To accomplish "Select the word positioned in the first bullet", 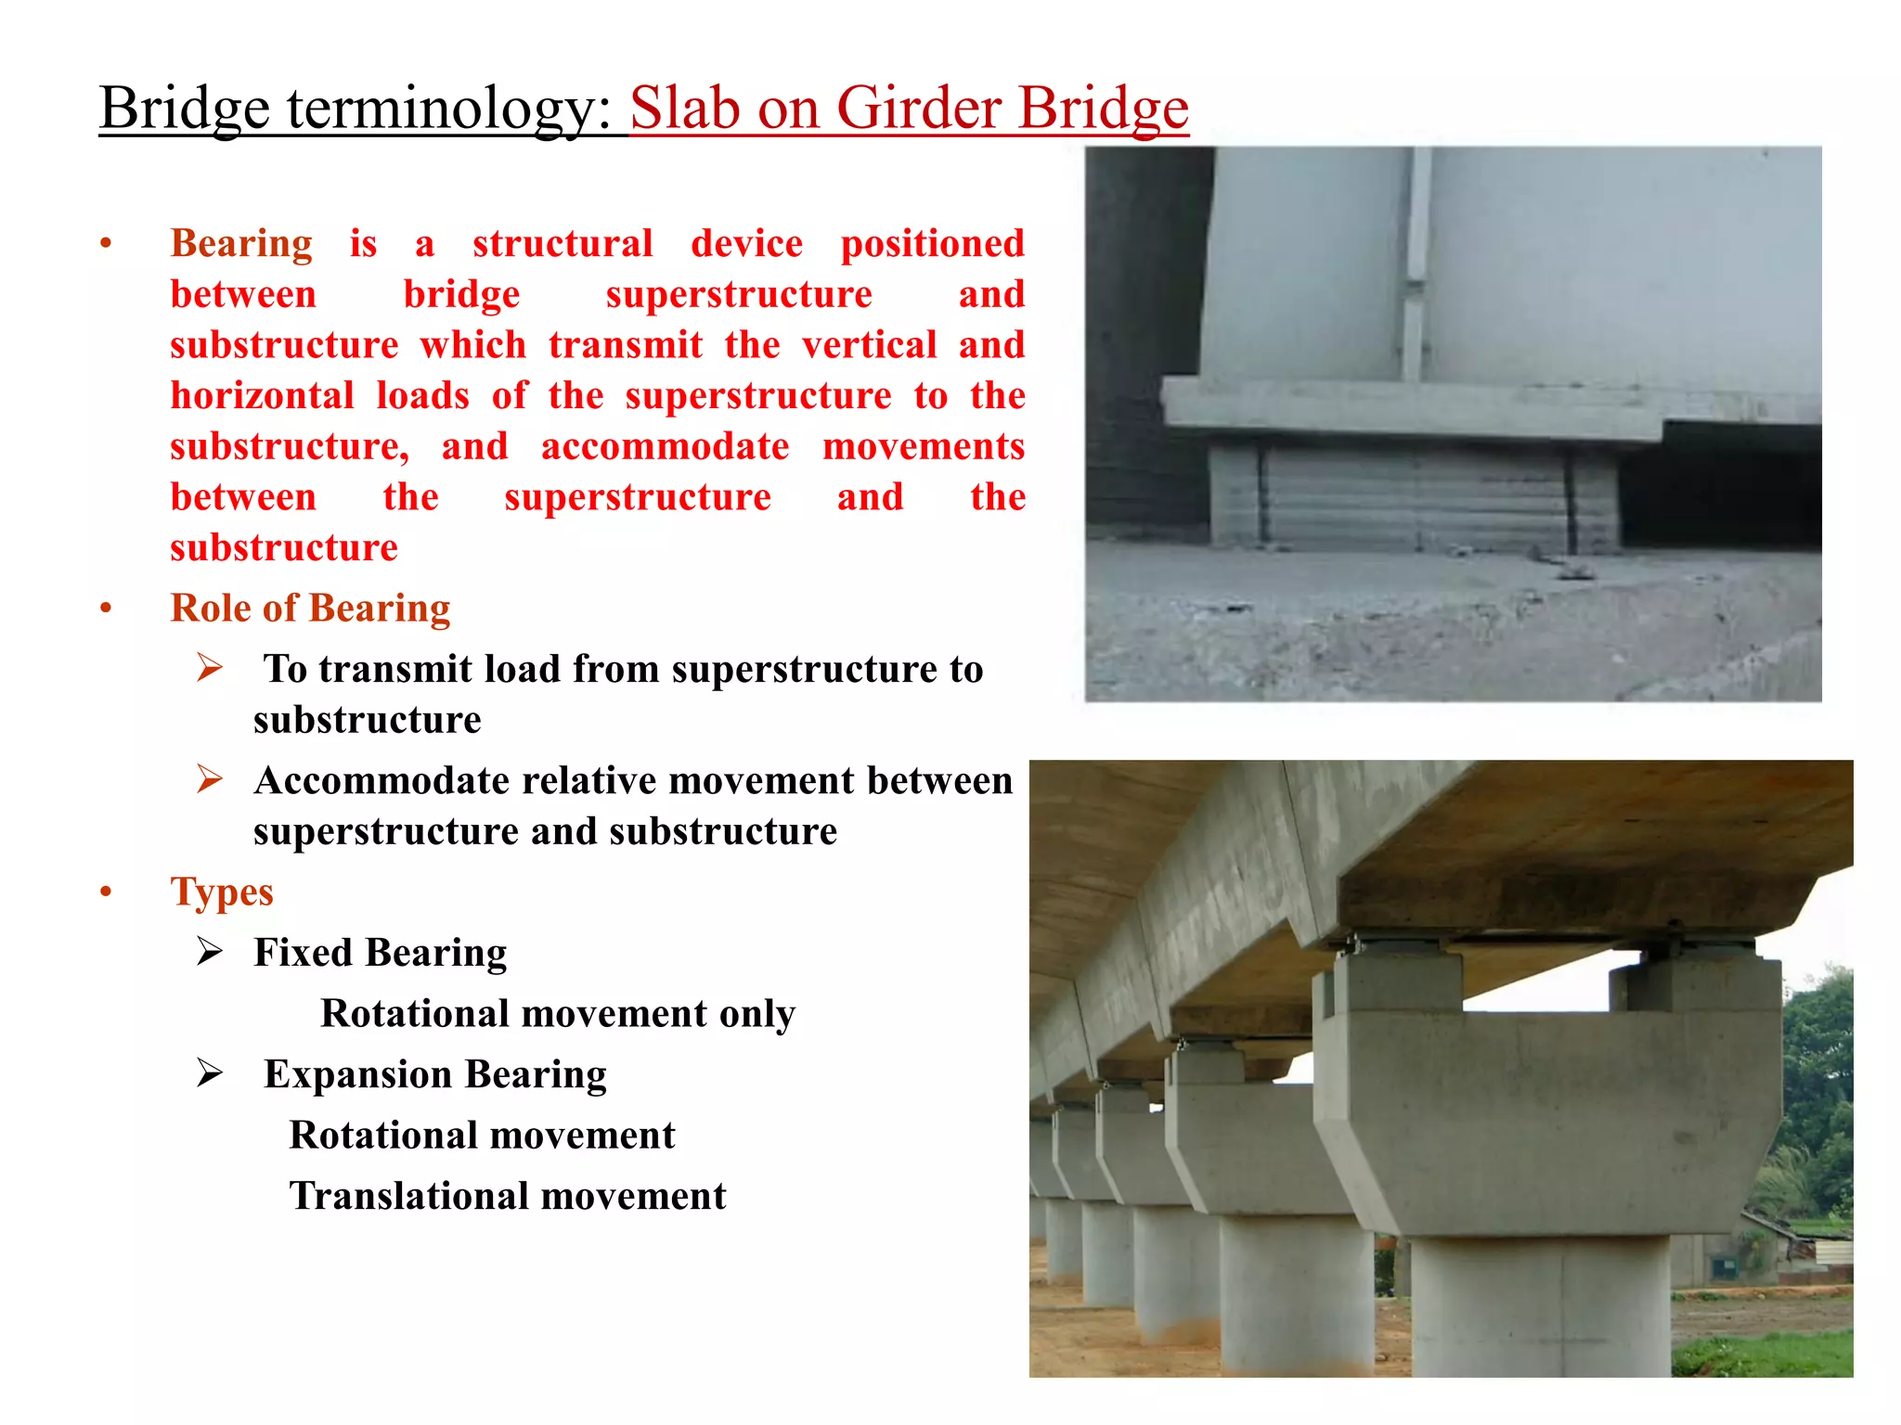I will coord(932,244).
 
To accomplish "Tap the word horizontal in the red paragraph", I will coord(262,396).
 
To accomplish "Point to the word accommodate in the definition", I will coord(665,447).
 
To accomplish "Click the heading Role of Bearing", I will coord(310,609).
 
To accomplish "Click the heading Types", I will coord(222,892).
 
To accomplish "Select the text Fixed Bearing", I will coord(381,953).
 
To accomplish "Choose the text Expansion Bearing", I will coord(434,1074).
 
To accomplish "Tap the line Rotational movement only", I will coord(557,1014).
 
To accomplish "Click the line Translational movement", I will coord(507,1196).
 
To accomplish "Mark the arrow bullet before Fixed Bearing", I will coord(210,952).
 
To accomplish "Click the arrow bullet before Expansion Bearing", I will coord(210,1073).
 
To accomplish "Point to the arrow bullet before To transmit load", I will coord(210,668).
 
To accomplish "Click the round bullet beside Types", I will coord(107,892).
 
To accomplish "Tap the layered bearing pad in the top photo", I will coord(1416,496).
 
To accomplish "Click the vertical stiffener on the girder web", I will coord(1415,269).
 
